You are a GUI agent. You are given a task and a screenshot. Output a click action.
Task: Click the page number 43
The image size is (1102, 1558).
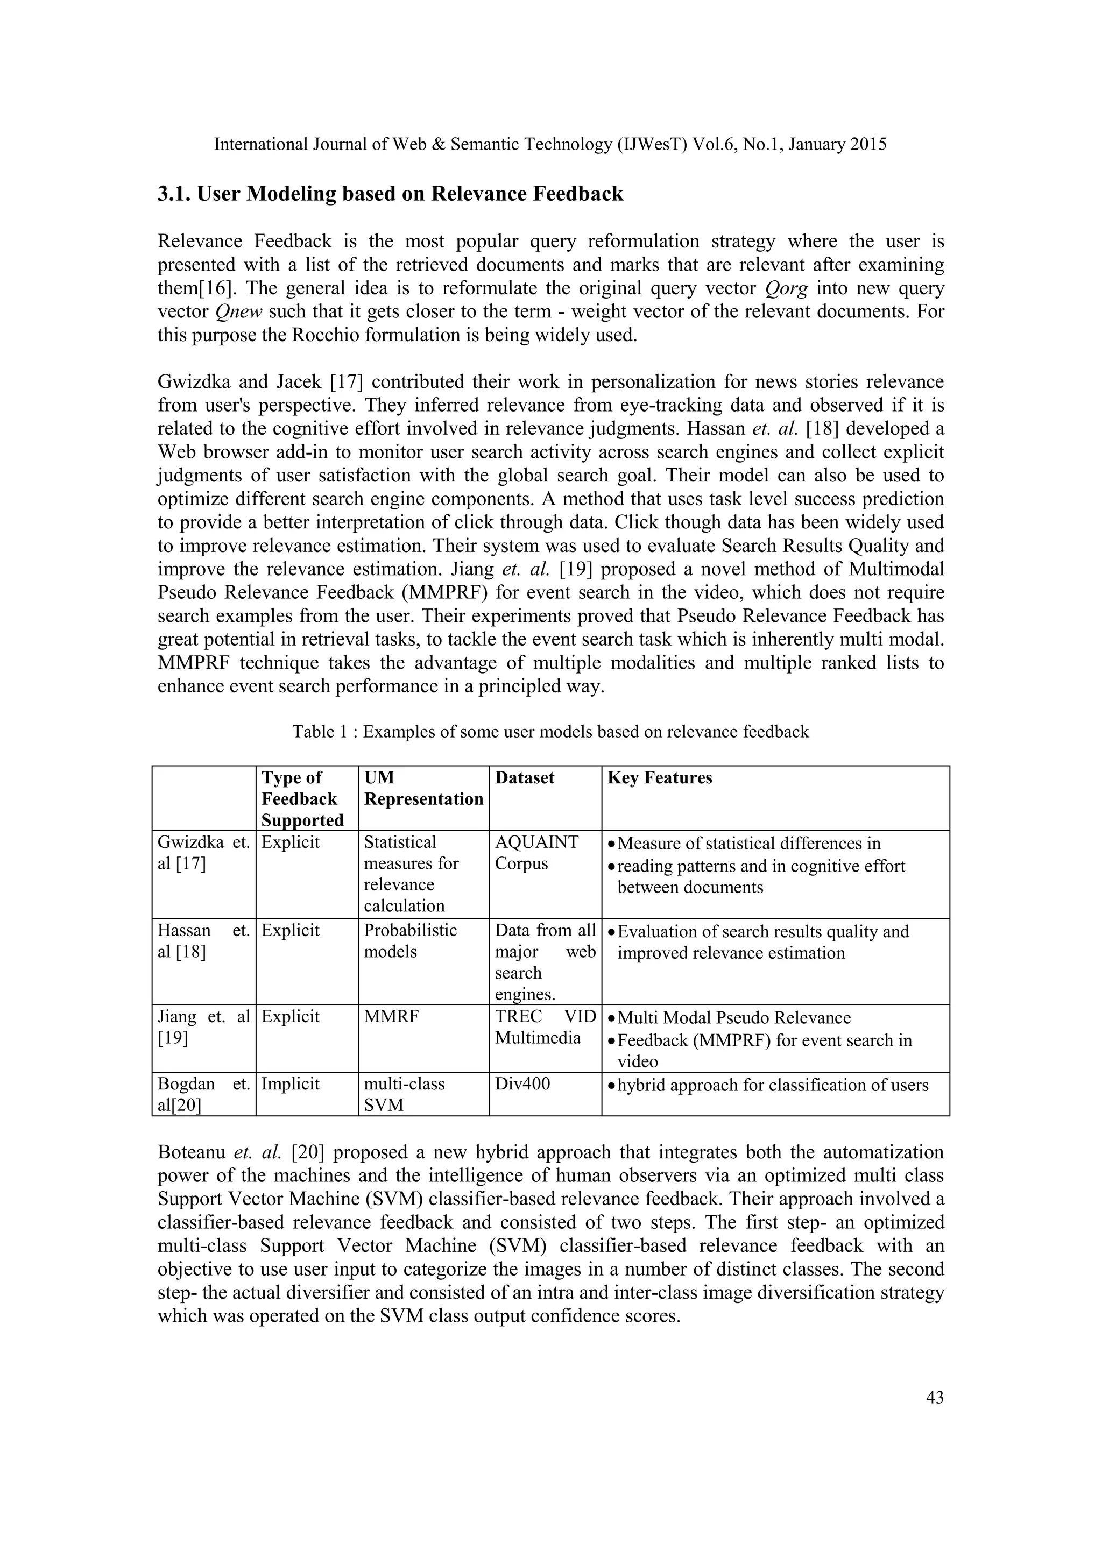point(935,1397)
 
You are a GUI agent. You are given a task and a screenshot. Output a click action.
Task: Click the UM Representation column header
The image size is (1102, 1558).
point(423,789)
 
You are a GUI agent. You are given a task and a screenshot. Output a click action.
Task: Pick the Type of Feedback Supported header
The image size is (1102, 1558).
point(302,799)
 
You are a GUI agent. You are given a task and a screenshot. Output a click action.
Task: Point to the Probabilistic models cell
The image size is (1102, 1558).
point(410,940)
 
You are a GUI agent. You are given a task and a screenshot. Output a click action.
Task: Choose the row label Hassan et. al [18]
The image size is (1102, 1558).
point(203,940)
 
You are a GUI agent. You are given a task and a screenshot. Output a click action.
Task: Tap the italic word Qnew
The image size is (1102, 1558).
point(239,312)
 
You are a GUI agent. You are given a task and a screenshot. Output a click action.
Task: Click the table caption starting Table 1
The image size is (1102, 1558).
point(550,732)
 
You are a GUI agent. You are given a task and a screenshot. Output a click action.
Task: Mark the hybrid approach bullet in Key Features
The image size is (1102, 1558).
point(772,1085)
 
